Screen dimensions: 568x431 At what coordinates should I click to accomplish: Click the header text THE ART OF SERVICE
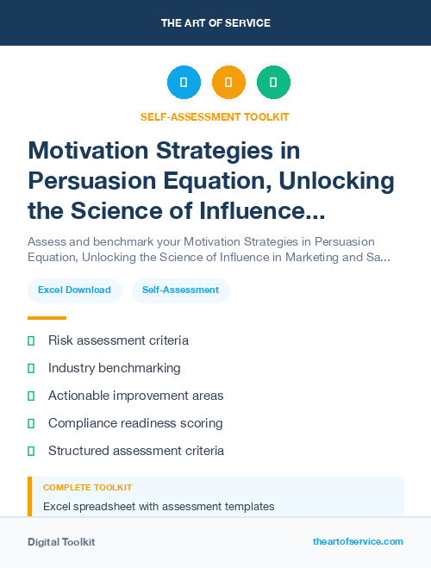pyautogui.click(x=215, y=23)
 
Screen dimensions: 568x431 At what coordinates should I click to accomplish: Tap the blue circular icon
pyautogui.click(x=184, y=83)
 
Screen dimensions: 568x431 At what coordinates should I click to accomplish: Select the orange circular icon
pyautogui.click(x=228, y=83)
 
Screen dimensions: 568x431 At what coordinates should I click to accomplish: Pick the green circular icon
pyautogui.click(x=273, y=83)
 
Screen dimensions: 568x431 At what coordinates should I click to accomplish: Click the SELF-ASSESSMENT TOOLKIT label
pyautogui.click(x=215, y=116)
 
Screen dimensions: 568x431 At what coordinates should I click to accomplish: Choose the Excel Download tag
pyautogui.click(x=74, y=290)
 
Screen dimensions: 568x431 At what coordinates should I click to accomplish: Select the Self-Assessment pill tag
pyautogui.click(x=180, y=290)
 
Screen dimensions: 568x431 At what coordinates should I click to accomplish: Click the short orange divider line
pyautogui.click(x=47, y=318)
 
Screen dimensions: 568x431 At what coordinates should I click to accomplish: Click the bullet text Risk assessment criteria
pyautogui.click(x=118, y=340)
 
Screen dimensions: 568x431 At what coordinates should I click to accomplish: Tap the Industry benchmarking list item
pyautogui.click(x=114, y=368)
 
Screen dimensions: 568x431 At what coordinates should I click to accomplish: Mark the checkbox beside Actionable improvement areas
pyautogui.click(x=31, y=396)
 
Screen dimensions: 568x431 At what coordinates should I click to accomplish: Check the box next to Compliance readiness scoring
pyautogui.click(x=31, y=423)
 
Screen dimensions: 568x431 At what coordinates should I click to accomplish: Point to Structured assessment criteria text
pyautogui.click(x=135, y=451)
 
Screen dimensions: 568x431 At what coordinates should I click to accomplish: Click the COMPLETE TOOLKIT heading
pyautogui.click(x=87, y=488)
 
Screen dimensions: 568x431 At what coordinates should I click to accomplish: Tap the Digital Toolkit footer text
pyautogui.click(x=61, y=542)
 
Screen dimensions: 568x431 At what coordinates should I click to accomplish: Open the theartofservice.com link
pyautogui.click(x=358, y=541)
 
